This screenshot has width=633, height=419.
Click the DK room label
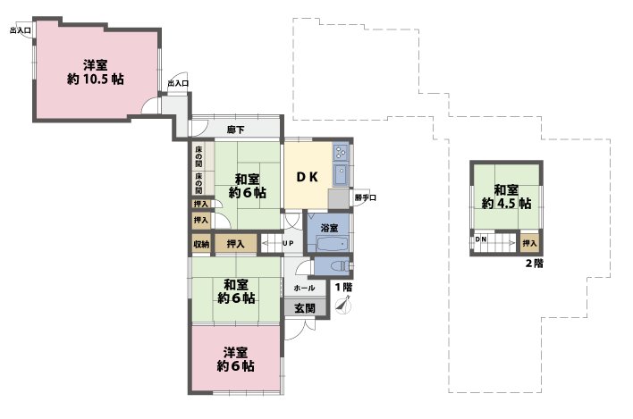click(308, 177)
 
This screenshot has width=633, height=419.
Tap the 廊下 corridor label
click(236, 130)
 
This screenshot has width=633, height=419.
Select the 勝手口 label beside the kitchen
click(364, 197)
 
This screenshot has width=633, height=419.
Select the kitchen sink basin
click(341, 172)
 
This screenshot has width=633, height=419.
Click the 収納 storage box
click(200, 244)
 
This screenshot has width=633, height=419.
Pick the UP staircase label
click(288, 243)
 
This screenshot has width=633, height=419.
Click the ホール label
click(303, 289)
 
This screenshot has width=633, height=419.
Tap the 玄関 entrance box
click(303, 308)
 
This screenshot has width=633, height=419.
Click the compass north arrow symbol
click(343, 305)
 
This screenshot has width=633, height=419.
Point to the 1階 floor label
click(344, 287)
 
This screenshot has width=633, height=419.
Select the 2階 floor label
click(534, 264)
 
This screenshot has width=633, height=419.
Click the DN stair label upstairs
click(481, 240)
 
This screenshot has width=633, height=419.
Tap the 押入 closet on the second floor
click(530, 241)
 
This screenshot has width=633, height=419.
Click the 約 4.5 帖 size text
click(506, 204)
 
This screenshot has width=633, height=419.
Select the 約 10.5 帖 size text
click(96, 79)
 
